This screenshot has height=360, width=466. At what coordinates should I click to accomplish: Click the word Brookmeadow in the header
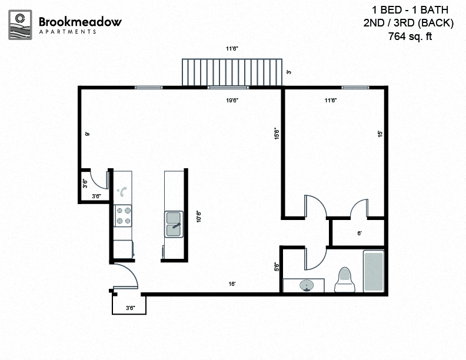[80, 22]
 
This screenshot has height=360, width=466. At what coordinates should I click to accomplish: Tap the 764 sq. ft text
[414, 36]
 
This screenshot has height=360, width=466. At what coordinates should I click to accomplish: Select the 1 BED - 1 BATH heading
[411, 10]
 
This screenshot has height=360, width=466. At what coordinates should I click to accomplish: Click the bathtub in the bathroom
[374, 271]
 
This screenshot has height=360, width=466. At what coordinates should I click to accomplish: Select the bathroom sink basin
[307, 286]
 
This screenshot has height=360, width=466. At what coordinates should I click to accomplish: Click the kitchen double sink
[174, 223]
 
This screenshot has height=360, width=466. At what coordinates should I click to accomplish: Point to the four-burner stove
[123, 215]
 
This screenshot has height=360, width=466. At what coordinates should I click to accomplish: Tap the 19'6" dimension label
[232, 100]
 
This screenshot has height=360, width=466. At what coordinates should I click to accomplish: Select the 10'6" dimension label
[199, 217]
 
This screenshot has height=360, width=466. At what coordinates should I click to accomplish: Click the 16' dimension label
[232, 284]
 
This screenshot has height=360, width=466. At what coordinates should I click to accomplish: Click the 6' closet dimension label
[360, 233]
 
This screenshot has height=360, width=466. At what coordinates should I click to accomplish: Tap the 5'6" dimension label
[277, 266]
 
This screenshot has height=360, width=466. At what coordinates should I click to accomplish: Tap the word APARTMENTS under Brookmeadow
[68, 32]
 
